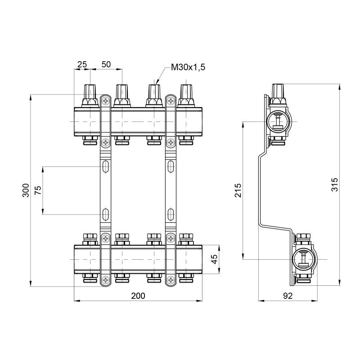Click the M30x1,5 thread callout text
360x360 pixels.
(188, 67)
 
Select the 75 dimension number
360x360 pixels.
(38, 190)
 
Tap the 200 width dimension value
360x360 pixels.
(138, 296)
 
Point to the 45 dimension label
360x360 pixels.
(214, 259)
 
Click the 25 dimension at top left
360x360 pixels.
(82, 64)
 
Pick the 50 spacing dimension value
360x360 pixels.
(106, 64)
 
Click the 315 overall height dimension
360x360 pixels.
(333, 185)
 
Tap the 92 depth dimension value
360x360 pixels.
(288, 296)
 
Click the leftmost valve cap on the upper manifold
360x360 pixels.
(90, 94)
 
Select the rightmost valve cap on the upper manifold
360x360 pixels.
(185, 94)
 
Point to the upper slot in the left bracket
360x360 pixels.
(105, 167)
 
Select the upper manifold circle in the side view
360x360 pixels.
(279, 121)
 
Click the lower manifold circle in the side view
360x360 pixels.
(303, 259)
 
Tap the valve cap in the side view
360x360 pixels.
(279, 91)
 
